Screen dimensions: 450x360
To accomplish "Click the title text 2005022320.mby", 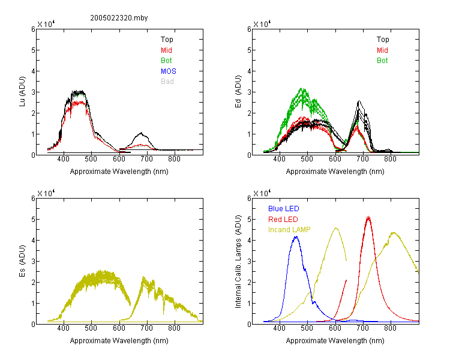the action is [119, 18].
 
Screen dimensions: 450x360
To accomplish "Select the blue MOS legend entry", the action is [169, 71].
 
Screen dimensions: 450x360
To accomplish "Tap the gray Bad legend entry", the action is [167, 82].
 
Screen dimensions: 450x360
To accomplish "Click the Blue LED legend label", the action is [284, 209].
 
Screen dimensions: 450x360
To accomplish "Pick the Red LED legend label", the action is [283, 220].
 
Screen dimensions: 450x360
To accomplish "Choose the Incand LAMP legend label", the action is [289, 230].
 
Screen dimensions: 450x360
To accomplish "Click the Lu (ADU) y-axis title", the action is [22, 92].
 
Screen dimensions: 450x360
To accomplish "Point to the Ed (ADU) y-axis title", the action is [238, 92].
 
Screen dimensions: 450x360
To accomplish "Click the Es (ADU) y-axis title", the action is [22, 261].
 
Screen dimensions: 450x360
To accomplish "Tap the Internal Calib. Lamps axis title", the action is [238, 262].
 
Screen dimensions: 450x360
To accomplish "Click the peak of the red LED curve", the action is [368, 217].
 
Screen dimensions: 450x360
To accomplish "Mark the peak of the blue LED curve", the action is [296, 236].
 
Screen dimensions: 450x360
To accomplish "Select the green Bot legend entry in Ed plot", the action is [382, 61].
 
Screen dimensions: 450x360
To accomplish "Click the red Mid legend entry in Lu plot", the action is [166, 50].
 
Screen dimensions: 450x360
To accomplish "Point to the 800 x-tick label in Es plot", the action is [174, 328].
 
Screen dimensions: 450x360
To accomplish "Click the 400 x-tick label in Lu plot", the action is [63, 159].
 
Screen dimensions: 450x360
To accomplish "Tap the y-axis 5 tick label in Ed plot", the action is [249, 50].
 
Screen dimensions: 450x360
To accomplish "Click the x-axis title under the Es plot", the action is [119, 341].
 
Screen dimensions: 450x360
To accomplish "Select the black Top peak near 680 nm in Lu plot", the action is [141, 133].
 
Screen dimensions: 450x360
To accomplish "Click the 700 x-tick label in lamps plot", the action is [363, 328].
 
